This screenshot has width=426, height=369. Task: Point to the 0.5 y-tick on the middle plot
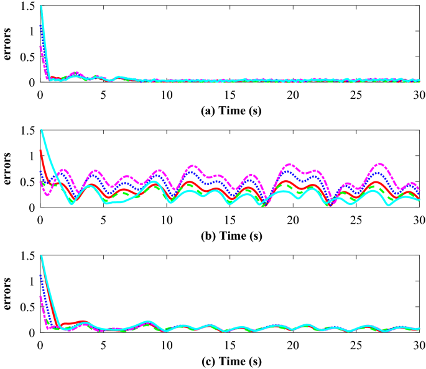(x=27, y=182)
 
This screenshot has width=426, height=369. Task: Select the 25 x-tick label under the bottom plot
(x=355, y=344)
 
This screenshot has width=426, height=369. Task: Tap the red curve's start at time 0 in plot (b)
(x=41, y=150)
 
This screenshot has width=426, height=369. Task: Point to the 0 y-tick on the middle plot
(x=32, y=207)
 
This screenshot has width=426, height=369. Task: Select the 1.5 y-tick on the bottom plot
(x=27, y=256)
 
